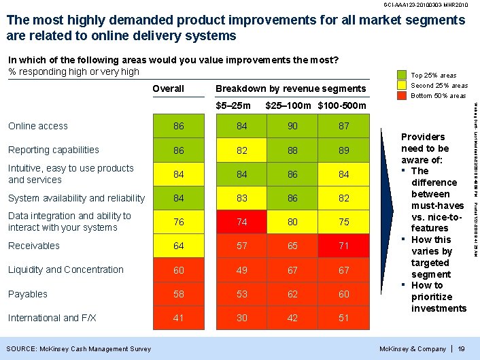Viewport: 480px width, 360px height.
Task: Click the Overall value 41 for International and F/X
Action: pos(179,318)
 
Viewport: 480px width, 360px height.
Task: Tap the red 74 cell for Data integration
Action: pos(242,222)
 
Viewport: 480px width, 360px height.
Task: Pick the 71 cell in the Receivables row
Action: pos(344,246)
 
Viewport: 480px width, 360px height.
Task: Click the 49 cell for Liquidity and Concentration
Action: pos(242,270)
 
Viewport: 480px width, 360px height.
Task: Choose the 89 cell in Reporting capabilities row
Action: pos(344,150)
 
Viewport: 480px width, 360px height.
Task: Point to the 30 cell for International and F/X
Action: pos(242,318)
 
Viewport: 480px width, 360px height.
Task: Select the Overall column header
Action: pos(168,88)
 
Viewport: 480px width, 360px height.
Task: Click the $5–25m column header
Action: pos(233,105)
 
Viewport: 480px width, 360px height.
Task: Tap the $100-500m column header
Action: pos(341,105)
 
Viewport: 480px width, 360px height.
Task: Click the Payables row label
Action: pos(28,294)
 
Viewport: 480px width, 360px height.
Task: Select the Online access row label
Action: pos(38,126)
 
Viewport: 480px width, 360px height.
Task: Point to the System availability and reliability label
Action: pos(76,198)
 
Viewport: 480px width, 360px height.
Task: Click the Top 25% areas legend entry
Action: pos(434,76)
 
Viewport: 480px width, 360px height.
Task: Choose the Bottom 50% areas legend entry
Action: pos(439,96)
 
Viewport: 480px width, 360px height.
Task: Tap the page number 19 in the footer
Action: pos(461,349)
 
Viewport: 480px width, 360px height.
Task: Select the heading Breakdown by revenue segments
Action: pos(290,88)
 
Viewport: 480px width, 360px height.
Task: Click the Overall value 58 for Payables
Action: pos(179,294)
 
